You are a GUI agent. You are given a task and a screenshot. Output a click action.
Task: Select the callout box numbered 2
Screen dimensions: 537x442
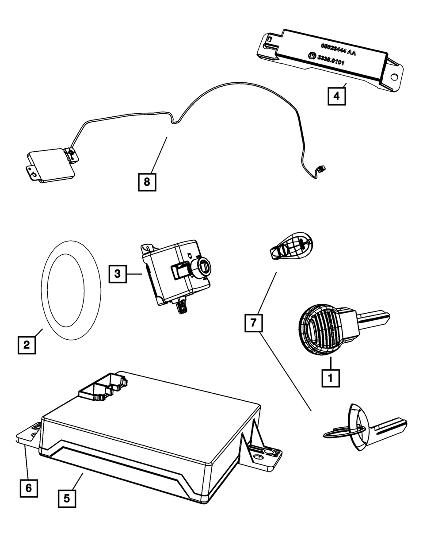tap(27, 345)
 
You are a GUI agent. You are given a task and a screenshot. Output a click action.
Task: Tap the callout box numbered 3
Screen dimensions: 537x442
tap(117, 274)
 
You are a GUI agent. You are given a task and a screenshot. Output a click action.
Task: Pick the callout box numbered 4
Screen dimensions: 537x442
tap(336, 96)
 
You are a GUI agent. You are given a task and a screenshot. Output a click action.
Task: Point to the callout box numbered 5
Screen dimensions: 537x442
tap(66, 498)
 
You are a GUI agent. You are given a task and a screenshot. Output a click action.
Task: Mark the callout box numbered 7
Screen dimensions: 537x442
tap(253, 323)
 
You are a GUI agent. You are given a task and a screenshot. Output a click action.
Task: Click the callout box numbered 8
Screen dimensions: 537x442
tap(147, 181)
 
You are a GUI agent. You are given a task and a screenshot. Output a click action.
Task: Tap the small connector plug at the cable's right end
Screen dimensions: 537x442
tap(320, 169)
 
